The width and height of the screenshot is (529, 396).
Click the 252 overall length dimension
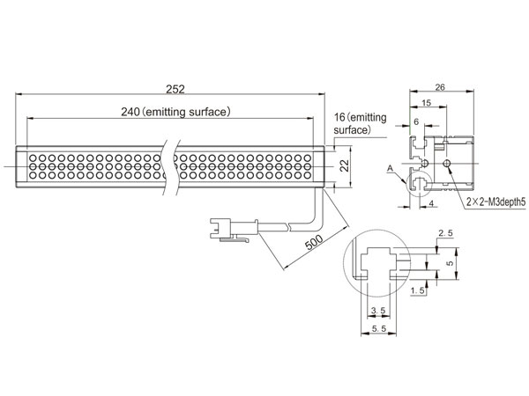click(x=175, y=89)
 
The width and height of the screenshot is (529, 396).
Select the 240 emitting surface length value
click(x=130, y=112)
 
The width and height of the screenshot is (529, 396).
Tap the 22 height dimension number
click(x=344, y=165)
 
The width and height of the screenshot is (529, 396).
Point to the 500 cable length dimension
click(x=314, y=242)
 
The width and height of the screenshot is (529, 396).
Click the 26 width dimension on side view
click(x=440, y=87)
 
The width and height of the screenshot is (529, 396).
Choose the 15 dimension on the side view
click(x=427, y=103)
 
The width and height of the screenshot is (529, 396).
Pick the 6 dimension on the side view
click(x=416, y=121)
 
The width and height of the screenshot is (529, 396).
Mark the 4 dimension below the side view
click(x=431, y=203)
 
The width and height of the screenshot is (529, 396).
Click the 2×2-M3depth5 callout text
click(x=495, y=202)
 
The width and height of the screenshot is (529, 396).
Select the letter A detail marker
click(x=391, y=168)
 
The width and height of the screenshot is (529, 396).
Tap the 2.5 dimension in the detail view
click(x=445, y=233)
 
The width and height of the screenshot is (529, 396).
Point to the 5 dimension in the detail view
click(x=450, y=263)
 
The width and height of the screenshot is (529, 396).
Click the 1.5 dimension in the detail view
click(x=418, y=290)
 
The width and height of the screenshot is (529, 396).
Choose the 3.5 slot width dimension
click(x=378, y=311)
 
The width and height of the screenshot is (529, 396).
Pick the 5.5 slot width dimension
click(x=379, y=328)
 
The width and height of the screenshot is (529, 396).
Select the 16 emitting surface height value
click(x=339, y=117)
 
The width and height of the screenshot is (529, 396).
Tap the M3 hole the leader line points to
click(x=447, y=164)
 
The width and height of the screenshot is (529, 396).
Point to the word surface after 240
click(x=208, y=112)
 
